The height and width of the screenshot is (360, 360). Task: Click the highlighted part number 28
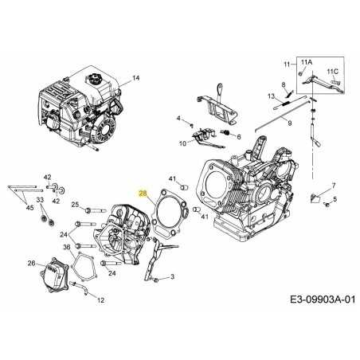click(x=143, y=194)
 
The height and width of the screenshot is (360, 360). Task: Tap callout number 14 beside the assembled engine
click(x=135, y=77)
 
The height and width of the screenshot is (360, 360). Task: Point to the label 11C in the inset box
click(x=332, y=71)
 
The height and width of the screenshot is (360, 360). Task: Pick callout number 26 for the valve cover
click(x=31, y=263)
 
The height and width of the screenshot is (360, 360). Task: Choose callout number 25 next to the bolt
click(x=75, y=205)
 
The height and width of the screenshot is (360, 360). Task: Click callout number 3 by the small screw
click(x=171, y=276)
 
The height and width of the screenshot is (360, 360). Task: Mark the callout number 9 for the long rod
click(x=290, y=123)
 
